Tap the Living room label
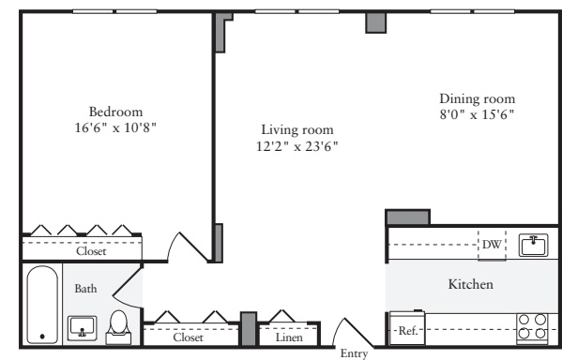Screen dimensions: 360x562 (297, 129)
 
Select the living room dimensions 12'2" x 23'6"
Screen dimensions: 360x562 (297, 146)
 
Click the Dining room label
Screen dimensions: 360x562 (477, 97)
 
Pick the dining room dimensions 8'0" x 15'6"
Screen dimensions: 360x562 (477, 114)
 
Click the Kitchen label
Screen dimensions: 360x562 (470, 283)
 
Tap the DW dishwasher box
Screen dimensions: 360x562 (492, 246)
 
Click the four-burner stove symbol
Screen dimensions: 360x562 (532, 326)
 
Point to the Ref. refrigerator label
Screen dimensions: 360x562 (407, 331)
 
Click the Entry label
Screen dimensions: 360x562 (353, 353)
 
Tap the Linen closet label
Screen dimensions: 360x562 (288, 337)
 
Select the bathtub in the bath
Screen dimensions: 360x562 (42, 305)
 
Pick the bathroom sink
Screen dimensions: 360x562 (83, 328)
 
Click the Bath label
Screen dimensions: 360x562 (85, 289)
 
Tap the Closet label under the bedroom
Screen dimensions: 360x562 (91, 251)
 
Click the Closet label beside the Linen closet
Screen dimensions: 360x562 (188, 337)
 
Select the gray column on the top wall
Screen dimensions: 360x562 (375, 22)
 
